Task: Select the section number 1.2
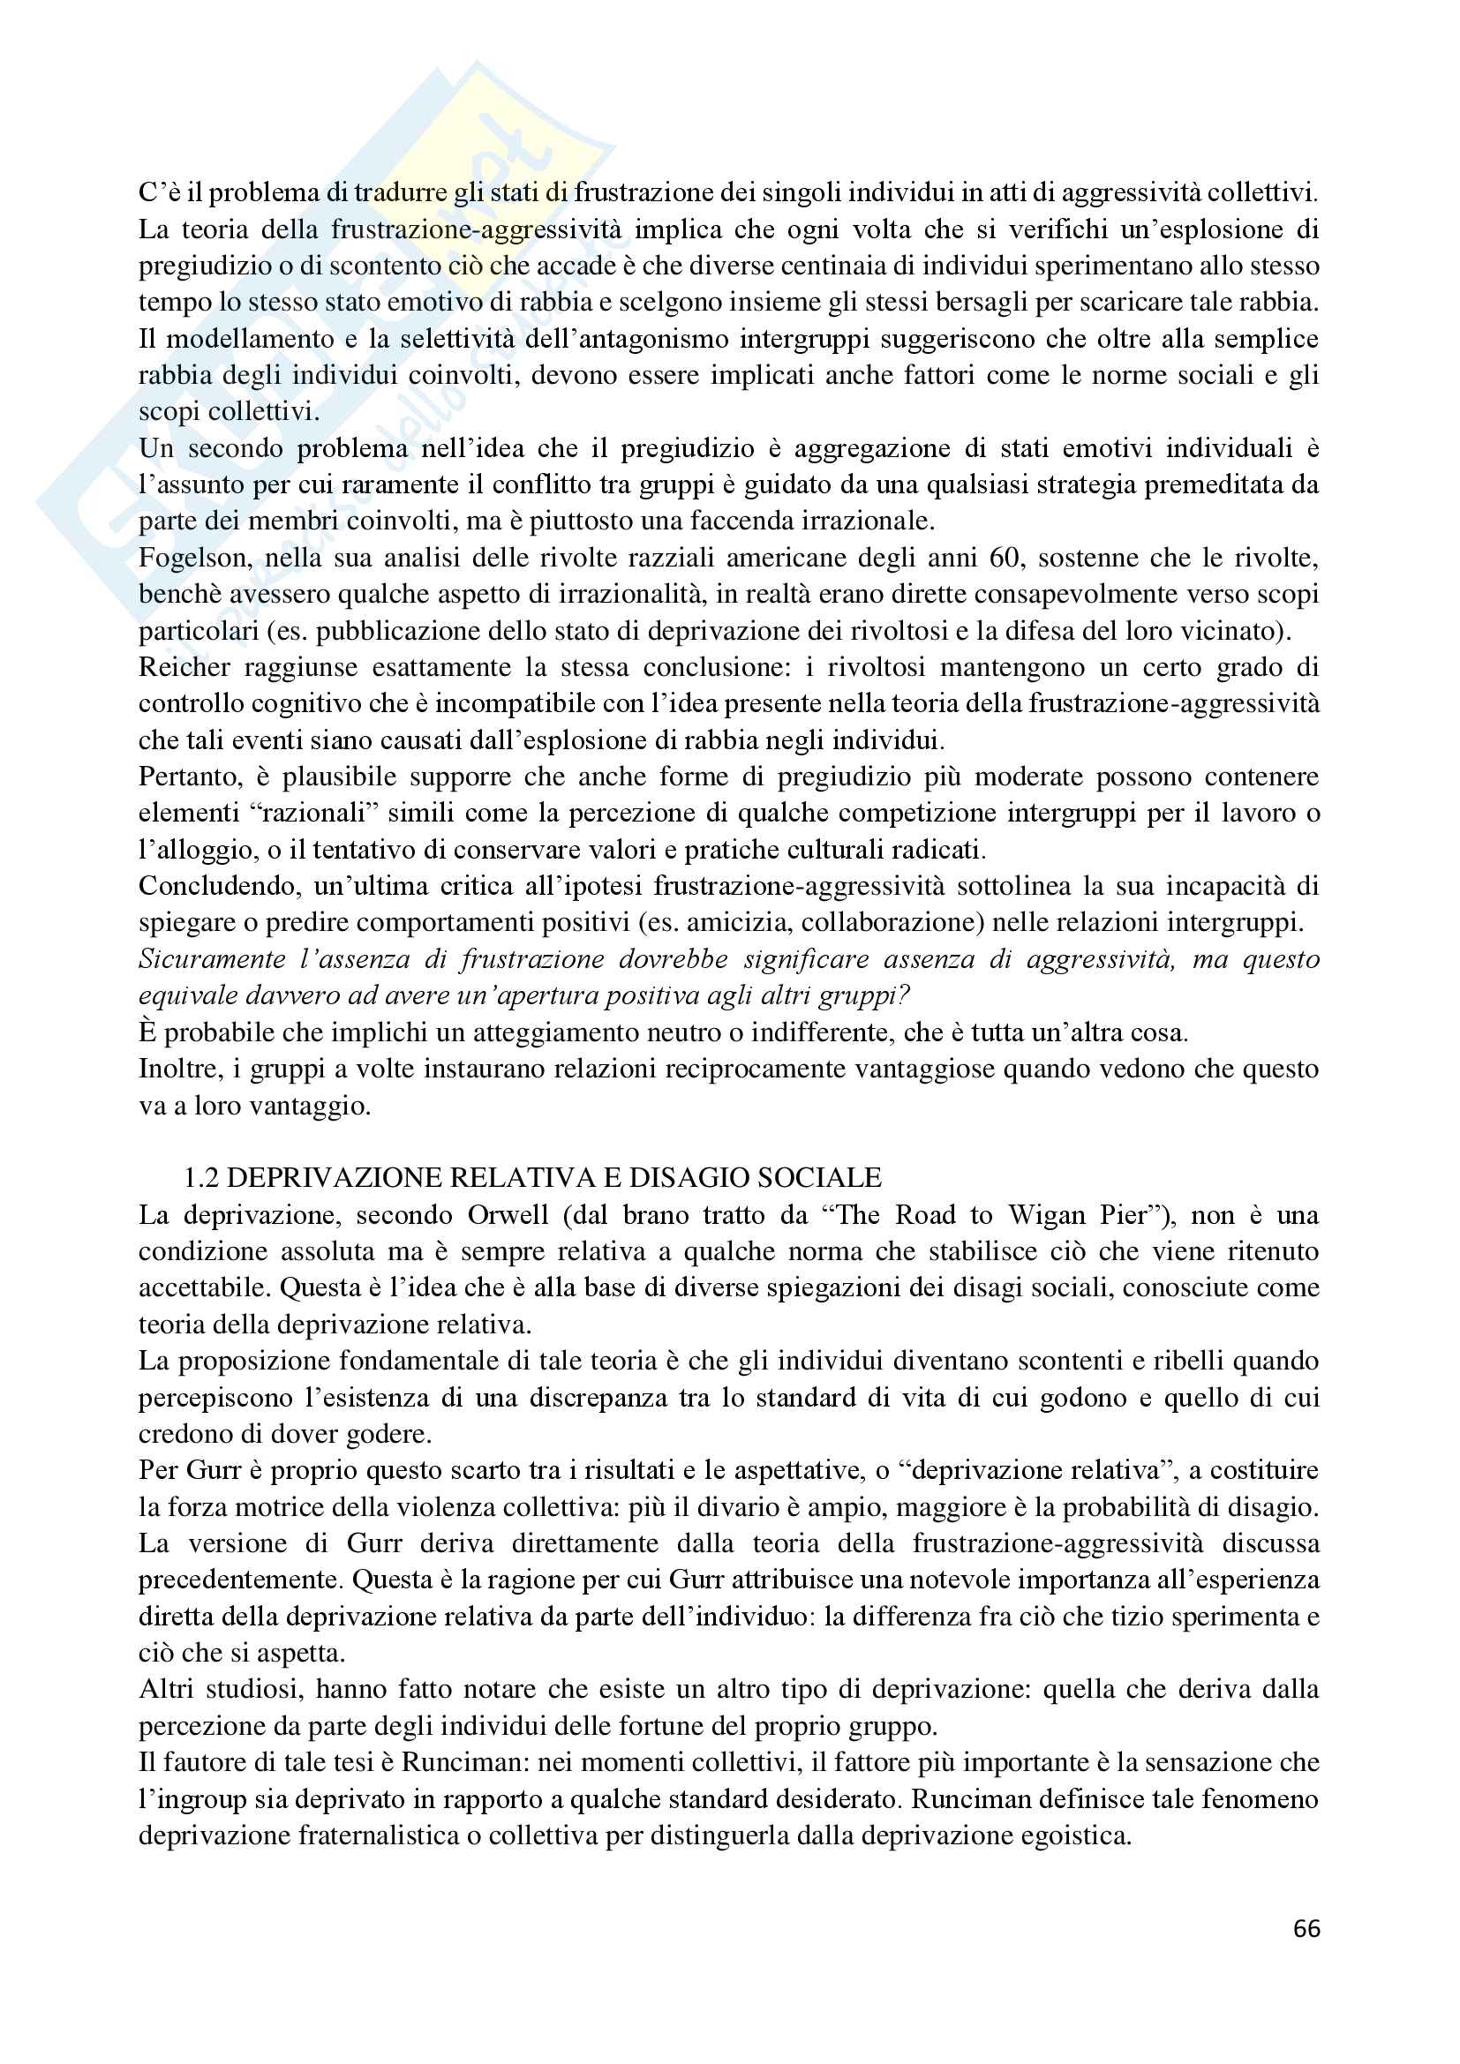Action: click(201, 1178)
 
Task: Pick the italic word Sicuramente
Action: click(212, 959)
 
